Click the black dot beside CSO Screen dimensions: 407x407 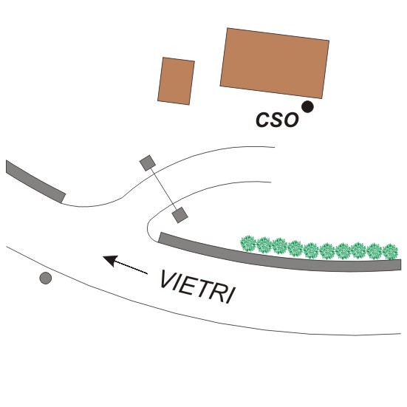pyautogui.click(x=307, y=106)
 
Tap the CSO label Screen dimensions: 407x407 pyautogui.click(x=277, y=120)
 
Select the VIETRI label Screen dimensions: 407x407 pyautogui.click(x=198, y=287)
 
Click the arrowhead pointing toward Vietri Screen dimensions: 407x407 pyautogui.click(x=111, y=260)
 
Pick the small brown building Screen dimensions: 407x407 pyautogui.click(x=177, y=81)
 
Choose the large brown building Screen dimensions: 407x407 pyautogui.click(x=275, y=63)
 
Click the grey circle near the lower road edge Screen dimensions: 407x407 pyautogui.click(x=45, y=278)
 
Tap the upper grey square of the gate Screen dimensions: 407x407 pyautogui.click(x=148, y=163)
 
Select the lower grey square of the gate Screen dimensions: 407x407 pyautogui.click(x=179, y=215)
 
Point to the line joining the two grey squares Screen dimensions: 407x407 pyautogui.click(x=163, y=189)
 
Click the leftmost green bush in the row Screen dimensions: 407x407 pyautogui.click(x=248, y=244)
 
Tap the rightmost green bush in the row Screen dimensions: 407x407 pyautogui.click(x=390, y=251)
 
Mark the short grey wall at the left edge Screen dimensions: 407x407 pyautogui.click(x=35, y=182)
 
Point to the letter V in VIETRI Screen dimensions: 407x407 pyautogui.click(x=168, y=279)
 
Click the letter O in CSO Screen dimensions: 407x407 pyautogui.click(x=290, y=120)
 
